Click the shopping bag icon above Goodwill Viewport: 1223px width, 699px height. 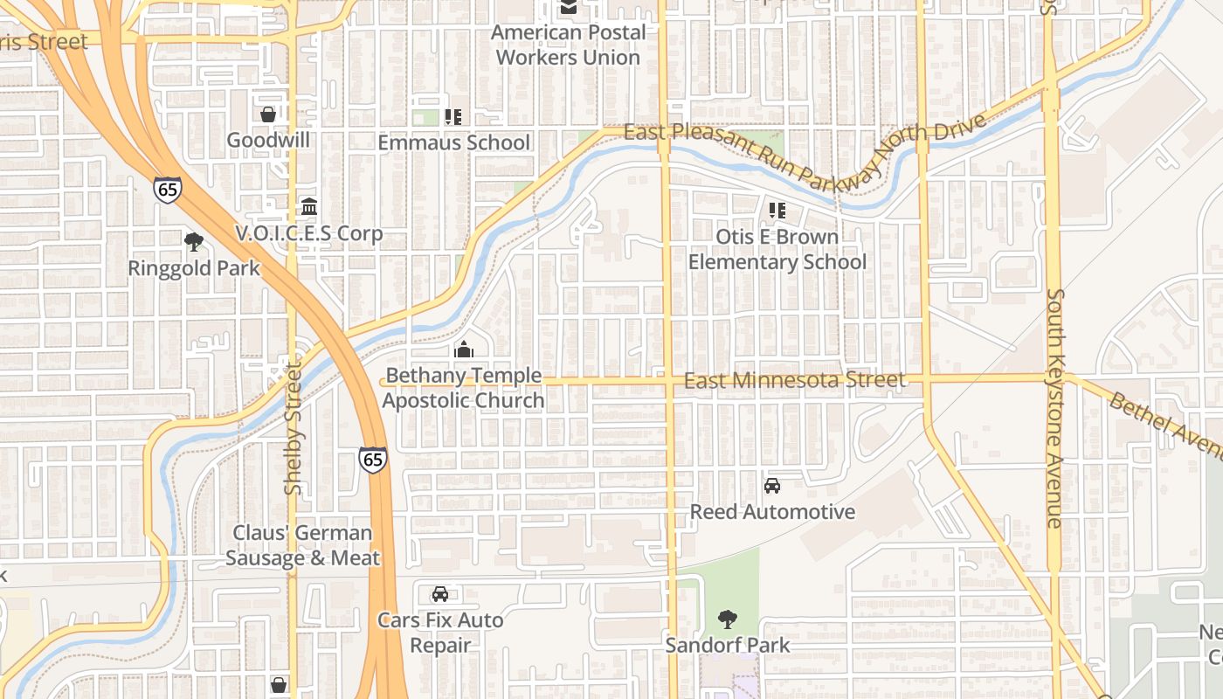coord(268,114)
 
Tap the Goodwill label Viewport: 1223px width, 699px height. coord(268,140)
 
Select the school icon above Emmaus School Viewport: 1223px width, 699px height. coord(453,116)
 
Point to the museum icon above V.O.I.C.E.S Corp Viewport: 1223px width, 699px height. coord(309,207)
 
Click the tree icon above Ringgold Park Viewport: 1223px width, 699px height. coord(194,241)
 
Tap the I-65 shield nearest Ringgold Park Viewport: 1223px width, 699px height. coord(167,189)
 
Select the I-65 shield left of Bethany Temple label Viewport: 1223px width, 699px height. coord(372,460)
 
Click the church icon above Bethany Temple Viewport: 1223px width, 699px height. coord(464,349)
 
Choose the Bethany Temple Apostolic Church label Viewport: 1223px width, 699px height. coord(464,388)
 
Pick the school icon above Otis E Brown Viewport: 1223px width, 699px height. coord(777,211)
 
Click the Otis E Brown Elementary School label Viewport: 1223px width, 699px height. coord(777,249)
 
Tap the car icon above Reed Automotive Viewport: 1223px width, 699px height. coord(772,486)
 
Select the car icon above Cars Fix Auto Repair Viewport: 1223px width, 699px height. coord(440,594)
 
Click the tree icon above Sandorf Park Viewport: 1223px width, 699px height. coord(727,620)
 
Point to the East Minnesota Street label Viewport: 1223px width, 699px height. coord(794,380)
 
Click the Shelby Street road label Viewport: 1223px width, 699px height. coord(293,428)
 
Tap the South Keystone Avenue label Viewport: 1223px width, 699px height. coord(1054,408)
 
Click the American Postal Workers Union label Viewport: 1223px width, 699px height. coord(568,45)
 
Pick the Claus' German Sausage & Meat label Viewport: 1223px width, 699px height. coord(303,545)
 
